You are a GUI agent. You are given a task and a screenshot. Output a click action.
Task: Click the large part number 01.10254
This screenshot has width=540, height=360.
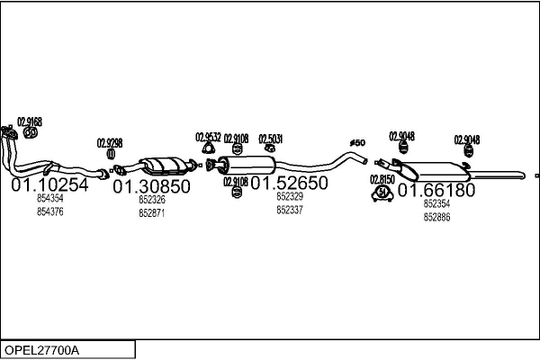click(49, 185)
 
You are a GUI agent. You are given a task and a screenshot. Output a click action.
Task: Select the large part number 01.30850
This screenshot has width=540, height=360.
click(151, 186)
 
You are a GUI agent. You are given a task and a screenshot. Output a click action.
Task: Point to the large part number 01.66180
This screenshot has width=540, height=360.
click(436, 191)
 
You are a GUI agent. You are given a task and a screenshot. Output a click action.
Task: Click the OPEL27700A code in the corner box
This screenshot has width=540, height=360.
click(42, 349)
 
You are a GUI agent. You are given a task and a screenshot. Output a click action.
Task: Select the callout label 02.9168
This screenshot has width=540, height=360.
click(30, 121)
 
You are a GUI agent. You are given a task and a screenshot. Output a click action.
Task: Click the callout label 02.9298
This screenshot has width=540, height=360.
click(110, 143)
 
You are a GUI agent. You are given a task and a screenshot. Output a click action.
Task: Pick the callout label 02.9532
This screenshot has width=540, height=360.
click(208, 138)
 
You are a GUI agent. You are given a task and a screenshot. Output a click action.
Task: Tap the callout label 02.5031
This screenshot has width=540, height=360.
click(271, 139)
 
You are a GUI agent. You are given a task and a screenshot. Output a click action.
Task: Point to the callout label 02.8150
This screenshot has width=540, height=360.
click(382, 179)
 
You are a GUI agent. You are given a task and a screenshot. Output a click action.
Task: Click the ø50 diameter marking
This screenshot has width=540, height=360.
click(356, 143)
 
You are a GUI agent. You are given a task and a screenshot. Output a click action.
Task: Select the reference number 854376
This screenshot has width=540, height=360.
click(50, 211)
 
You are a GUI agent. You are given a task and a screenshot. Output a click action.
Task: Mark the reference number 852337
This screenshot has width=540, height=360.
click(289, 210)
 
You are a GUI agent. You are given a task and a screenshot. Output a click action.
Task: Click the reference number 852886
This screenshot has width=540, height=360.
click(436, 217)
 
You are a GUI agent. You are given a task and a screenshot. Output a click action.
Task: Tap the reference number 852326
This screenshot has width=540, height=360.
click(151, 200)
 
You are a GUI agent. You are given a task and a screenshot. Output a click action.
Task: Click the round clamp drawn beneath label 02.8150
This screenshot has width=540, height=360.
click(382, 192)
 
